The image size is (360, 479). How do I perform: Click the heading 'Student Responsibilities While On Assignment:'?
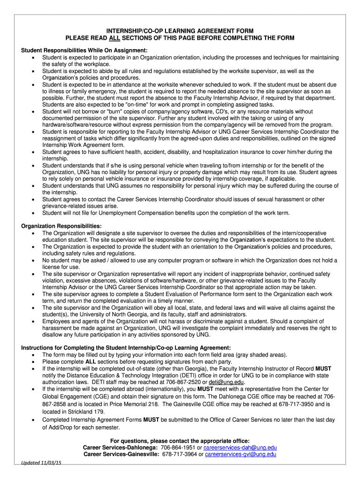click(x=85, y=51)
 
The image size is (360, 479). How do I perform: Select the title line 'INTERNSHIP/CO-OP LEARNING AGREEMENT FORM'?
click(x=180, y=30)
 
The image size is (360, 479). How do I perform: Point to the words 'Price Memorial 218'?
click(x=135, y=404)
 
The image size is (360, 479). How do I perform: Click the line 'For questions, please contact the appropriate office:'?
click(x=180, y=441)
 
